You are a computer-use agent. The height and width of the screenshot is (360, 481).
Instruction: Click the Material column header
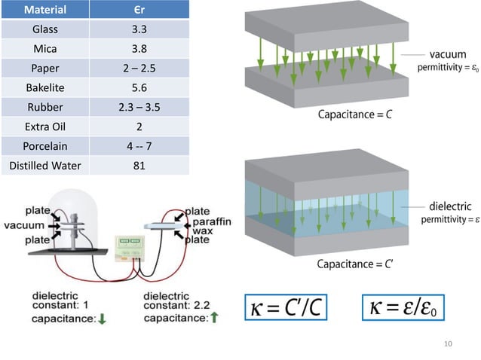pos(44,11)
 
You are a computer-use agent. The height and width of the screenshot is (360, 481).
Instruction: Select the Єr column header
pos(138,11)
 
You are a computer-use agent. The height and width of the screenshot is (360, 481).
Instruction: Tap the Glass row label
pos(44,30)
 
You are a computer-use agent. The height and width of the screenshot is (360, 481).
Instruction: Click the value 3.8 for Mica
pos(138,49)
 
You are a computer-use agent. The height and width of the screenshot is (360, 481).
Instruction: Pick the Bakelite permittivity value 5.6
pos(138,87)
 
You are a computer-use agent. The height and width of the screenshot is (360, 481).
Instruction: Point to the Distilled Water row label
pos(44,165)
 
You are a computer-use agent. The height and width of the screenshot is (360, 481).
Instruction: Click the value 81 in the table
pos(138,165)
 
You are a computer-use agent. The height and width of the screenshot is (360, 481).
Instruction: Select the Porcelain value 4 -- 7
pos(138,145)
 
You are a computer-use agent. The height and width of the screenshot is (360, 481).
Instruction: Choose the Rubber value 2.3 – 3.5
pos(138,107)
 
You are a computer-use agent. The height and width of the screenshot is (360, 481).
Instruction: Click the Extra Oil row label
pos(44,127)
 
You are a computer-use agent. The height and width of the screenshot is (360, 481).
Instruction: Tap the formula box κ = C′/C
pos(287,307)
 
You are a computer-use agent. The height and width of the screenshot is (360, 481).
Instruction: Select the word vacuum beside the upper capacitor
pos(447,55)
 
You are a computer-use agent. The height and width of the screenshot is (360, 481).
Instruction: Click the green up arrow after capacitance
pos(214,319)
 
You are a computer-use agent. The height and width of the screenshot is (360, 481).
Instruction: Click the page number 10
pos(448,344)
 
